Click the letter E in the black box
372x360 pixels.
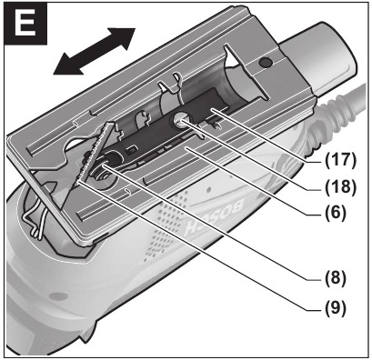click(x=24, y=25)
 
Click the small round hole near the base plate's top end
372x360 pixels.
click(x=265, y=63)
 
